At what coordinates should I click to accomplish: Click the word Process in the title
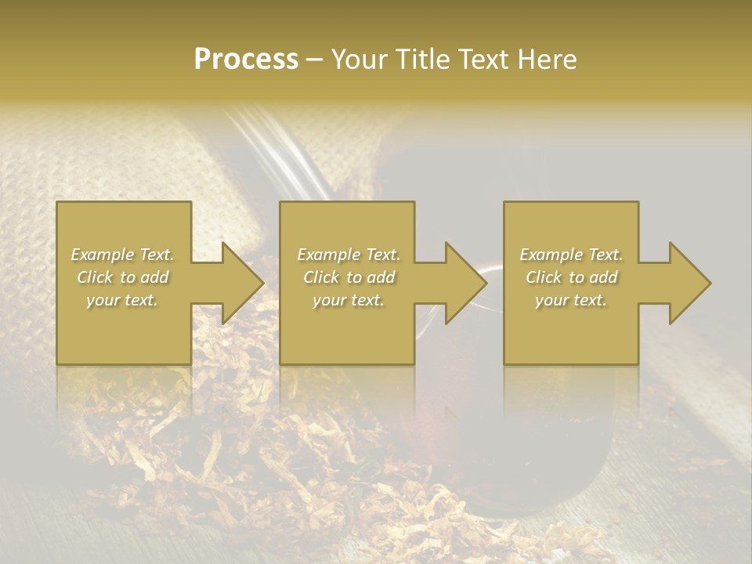(x=246, y=60)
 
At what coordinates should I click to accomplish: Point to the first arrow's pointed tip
(x=263, y=283)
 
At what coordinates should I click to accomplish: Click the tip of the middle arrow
(x=486, y=283)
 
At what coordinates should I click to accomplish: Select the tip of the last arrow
(x=710, y=283)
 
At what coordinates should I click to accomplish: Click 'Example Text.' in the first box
(x=122, y=255)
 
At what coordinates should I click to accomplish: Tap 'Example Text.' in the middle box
(x=349, y=255)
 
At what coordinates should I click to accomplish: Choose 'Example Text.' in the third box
(x=571, y=255)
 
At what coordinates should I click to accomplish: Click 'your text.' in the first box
(x=122, y=300)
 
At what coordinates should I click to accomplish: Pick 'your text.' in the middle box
(x=349, y=300)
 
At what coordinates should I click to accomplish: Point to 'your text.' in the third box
(x=571, y=300)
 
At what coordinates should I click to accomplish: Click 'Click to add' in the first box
(x=122, y=277)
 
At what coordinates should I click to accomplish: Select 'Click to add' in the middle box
(x=349, y=277)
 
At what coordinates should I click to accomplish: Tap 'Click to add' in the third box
(x=571, y=277)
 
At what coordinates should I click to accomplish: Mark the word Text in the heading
(x=480, y=60)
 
